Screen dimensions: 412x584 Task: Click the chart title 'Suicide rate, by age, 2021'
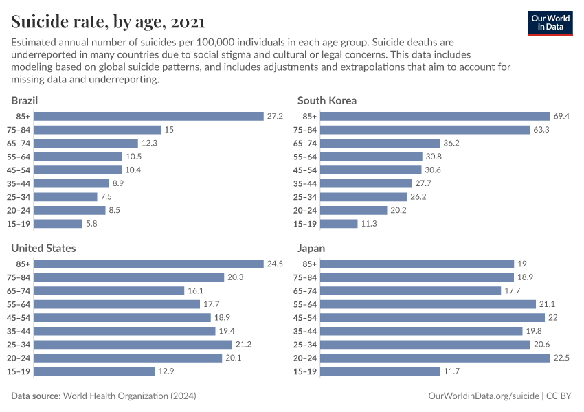[x=108, y=22]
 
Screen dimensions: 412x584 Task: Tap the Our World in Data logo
[x=550, y=23]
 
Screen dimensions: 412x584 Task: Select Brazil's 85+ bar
[x=149, y=117]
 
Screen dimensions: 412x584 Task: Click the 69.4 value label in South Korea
[x=562, y=117]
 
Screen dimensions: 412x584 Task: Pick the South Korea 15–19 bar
[x=339, y=224]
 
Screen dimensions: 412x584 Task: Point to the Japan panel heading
[x=311, y=248]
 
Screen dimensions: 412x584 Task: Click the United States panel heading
[x=43, y=248]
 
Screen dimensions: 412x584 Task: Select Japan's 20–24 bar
[x=436, y=358]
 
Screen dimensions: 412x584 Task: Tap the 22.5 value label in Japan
[x=562, y=358]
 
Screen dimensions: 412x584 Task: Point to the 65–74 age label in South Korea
[x=305, y=144]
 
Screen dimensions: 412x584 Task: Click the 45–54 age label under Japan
[x=305, y=318]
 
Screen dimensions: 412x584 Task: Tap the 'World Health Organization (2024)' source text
[x=129, y=396]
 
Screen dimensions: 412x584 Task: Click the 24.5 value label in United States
[x=276, y=264]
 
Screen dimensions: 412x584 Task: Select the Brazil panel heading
[x=24, y=100]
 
